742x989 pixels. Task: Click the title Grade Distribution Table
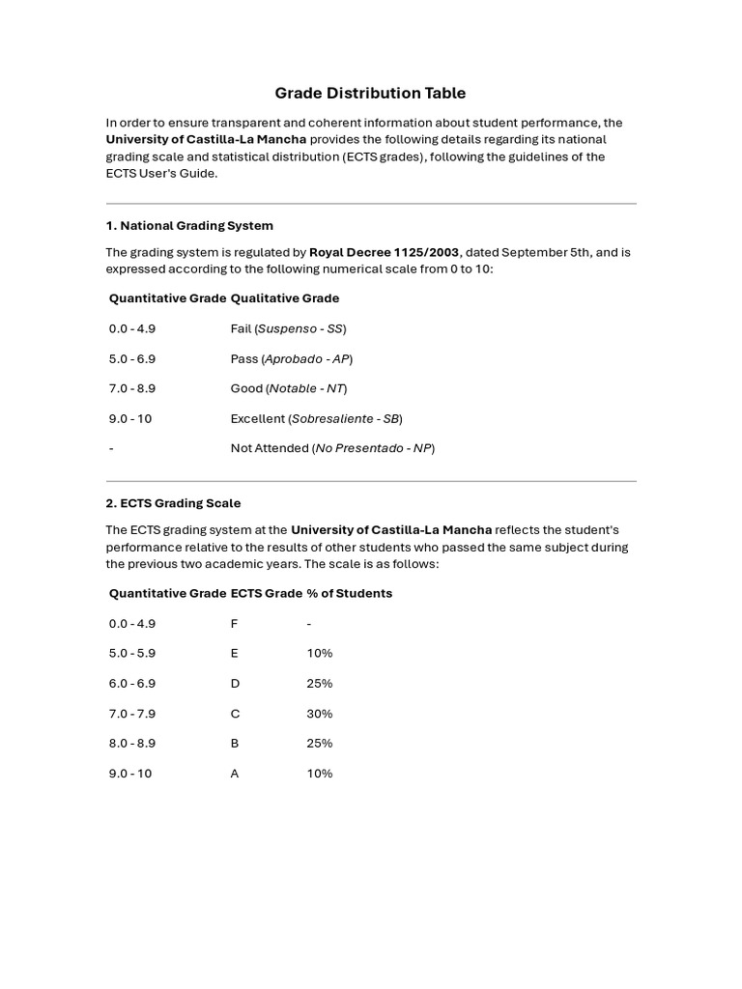pyautogui.click(x=370, y=94)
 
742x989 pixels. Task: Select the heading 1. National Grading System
pyautogui.click(x=189, y=225)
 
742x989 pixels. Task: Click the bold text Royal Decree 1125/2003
pyautogui.click(x=384, y=252)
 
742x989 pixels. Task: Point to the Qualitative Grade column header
pyautogui.click(x=285, y=298)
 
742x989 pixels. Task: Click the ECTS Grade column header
pyautogui.click(x=266, y=593)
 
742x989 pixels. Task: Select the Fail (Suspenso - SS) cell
pyautogui.click(x=288, y=328)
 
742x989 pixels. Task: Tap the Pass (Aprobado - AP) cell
pyautogui.click(x=291, y=358)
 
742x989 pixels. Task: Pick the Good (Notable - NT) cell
pyautogui.click(x=288, y=388)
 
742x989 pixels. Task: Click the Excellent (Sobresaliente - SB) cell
pyautogui.click(x=316, y=418)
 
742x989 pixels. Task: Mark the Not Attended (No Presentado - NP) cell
pyautogui.click(x=332, y=448)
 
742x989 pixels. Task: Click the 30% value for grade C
pyautogui.click(x=319, y=714)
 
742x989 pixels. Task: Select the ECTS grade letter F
pyautogui.click(x=234, y=624)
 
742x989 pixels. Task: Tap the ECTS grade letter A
pyautogui.click(x=235, y=774)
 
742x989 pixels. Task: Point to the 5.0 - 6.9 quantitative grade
pyautogui.click(x=132, y=358)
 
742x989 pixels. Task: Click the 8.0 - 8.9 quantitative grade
pyautogui.click(x=132, y=744)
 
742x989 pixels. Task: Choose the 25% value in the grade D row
pyautogui.click(x=319, y=684)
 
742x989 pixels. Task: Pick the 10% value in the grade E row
pyautogui.click(x=319, y=654)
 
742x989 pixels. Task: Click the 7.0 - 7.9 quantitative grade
pyautogui.click(x=132, y=714)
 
